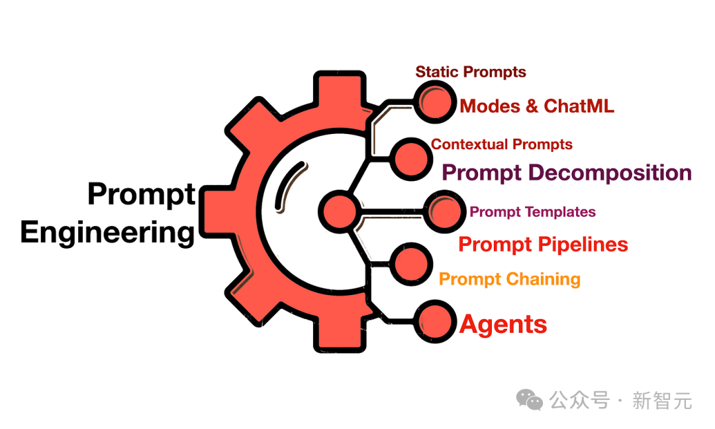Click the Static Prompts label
pos(471,72)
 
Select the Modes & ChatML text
pos(537,106)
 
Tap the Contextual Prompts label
pos(502,145)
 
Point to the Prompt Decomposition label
pos(567,173)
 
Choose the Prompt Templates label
pos(532,212)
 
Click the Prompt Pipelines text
pos(543,245)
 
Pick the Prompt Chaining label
pos(510,279)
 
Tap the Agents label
pos(503,325)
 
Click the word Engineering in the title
pos(108,233)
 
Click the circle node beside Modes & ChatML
pos(436,103)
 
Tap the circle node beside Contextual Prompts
pos(411,159)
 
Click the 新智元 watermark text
pos(662,400)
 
